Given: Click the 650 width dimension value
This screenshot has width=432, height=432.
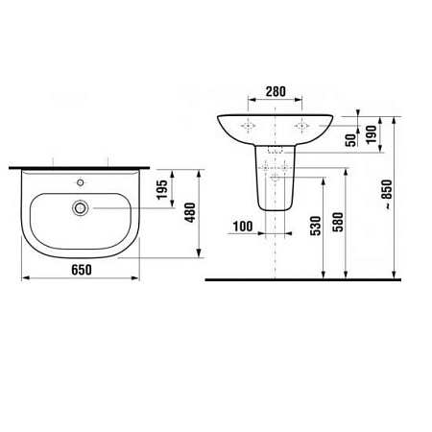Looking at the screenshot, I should click(81, 270).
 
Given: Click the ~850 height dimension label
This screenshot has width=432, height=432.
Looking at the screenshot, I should click(386, 197).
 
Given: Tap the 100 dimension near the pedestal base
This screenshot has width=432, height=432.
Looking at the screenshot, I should click(242, 226).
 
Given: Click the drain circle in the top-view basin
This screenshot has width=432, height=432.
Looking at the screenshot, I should click(82, 206).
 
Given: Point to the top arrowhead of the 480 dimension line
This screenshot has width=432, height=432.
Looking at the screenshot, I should click(199, 170).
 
